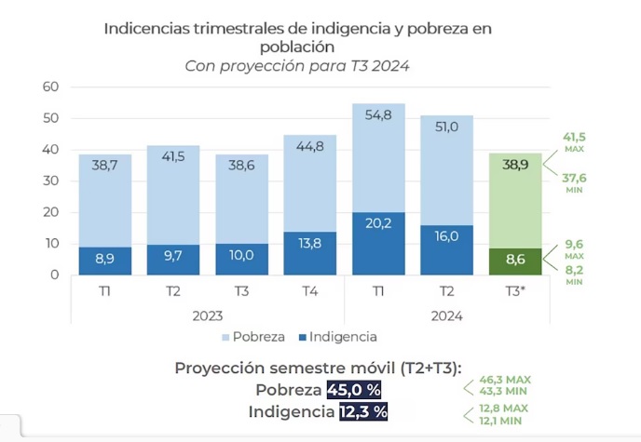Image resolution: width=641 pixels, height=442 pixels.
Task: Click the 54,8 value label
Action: (x=378, y=115)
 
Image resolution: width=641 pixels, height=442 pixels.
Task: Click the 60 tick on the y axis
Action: (x=51, y=87)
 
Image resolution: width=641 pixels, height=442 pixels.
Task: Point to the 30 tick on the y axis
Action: (x=51, y=181)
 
